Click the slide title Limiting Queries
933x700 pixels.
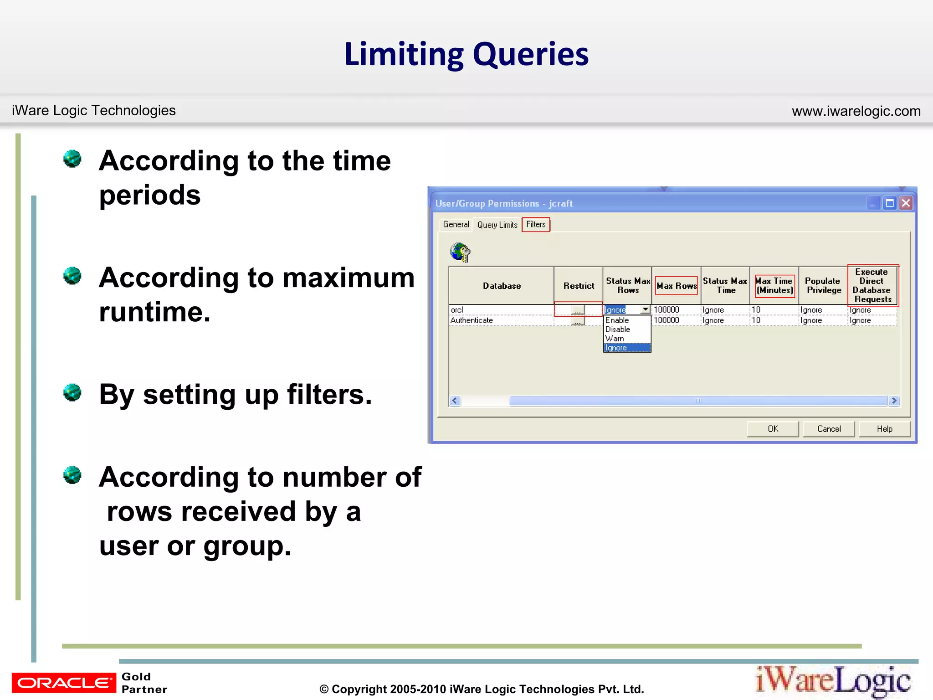(466, 54)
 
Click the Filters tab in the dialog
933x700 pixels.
(536, 224)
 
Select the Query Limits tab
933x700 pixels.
(497, 225)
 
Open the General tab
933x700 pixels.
(456, 224)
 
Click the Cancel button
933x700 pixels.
(829, 429)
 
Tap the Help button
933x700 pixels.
(884, 429)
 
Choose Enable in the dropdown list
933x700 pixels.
(617, 320)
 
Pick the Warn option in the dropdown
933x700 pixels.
(615, 339)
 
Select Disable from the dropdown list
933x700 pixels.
(618, 329)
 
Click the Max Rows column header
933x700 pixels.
(677, 286)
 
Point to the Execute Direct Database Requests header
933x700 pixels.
(872, 285)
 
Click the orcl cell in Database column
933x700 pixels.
(457, 310)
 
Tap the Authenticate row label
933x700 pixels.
(472, 320)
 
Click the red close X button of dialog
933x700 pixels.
(906, 203)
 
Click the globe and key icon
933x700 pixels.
(460, 252)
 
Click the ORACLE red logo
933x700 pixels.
(64, 683)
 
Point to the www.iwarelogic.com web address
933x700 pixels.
(856, 111)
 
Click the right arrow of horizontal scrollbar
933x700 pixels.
(894, 401)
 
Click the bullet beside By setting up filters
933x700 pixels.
(72, 392)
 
